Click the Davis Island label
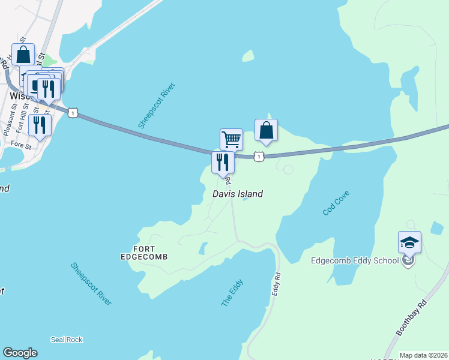click(x=238, y=194)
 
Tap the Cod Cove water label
click(x=336, y=203)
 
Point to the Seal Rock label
click(x=67, y=340)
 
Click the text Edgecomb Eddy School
click(x=354, y=260)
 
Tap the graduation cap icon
click(x=409, y=242)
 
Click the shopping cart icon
click(x=231, y=140)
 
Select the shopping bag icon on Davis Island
click(x=266, y=130)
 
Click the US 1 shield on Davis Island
click(x=258, y=157)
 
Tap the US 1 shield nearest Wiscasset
click(x=73, y=112)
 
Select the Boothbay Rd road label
click(x=411, y=316)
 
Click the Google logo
click(x=20, y=353)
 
